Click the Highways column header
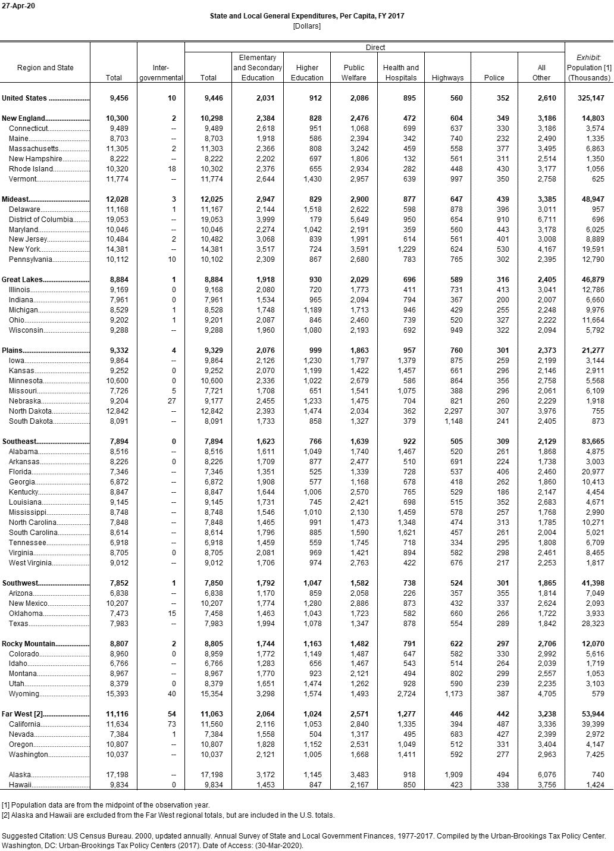(x=447, y=78)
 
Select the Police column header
(x=494, y=78)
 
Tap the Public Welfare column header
(x=354, y=73)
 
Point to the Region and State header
(x=45, y=68)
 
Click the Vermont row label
(x=23, y=179)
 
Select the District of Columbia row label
(x=41, y=220)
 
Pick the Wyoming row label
(x=24, y=694)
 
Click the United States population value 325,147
(x=589, y=98)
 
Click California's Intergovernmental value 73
(x=171, y=724)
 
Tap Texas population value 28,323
(x=593, y=624)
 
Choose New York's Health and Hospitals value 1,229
(x=407, y=250)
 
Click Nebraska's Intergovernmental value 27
(x=171, y=401)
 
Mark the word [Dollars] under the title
(x=306, y=26)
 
